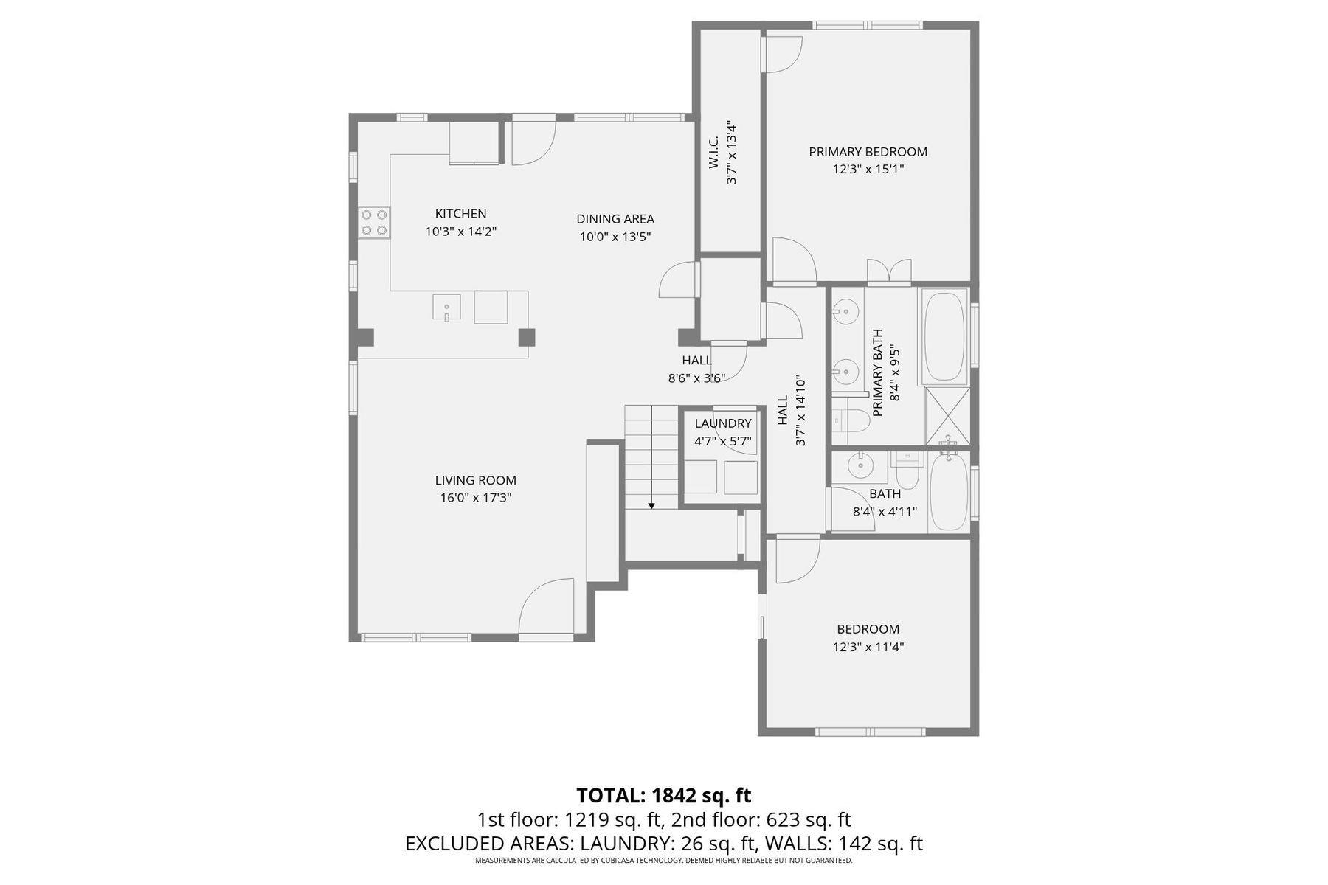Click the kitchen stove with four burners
point(374,223)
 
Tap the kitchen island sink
point(446,307)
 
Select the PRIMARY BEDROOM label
point(868,152)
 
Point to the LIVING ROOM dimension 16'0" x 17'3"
point(476,498)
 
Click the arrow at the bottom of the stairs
point(651,504)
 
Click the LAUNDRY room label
point(722,423)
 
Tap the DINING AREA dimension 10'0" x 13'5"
point(615,237)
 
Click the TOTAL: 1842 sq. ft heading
point(663,796)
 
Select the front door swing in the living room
point(546,608)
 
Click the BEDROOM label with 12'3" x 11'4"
point(868,629)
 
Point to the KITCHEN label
point(460,214)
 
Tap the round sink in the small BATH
point(860,466)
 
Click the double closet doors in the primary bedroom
point(889,272)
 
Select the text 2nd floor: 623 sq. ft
point(767,819)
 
